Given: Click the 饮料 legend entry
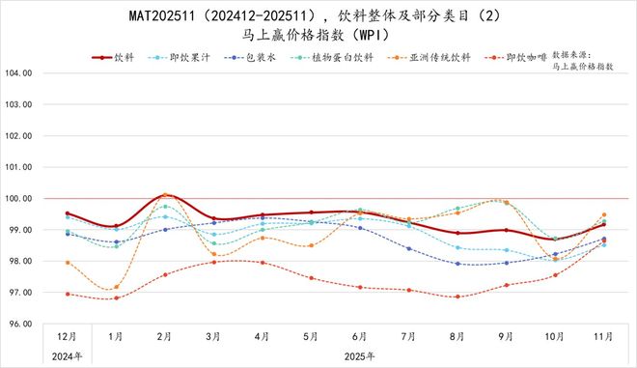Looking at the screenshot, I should (124, 57).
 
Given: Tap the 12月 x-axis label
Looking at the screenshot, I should (67, 336).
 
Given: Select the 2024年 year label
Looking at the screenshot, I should (67, 355).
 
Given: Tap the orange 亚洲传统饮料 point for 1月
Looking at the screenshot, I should (116, 287).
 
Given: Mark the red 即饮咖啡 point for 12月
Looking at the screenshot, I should (67, 295).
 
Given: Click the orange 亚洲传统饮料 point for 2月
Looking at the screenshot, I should (165, 195).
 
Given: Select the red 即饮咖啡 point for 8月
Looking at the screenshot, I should (457, 297).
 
